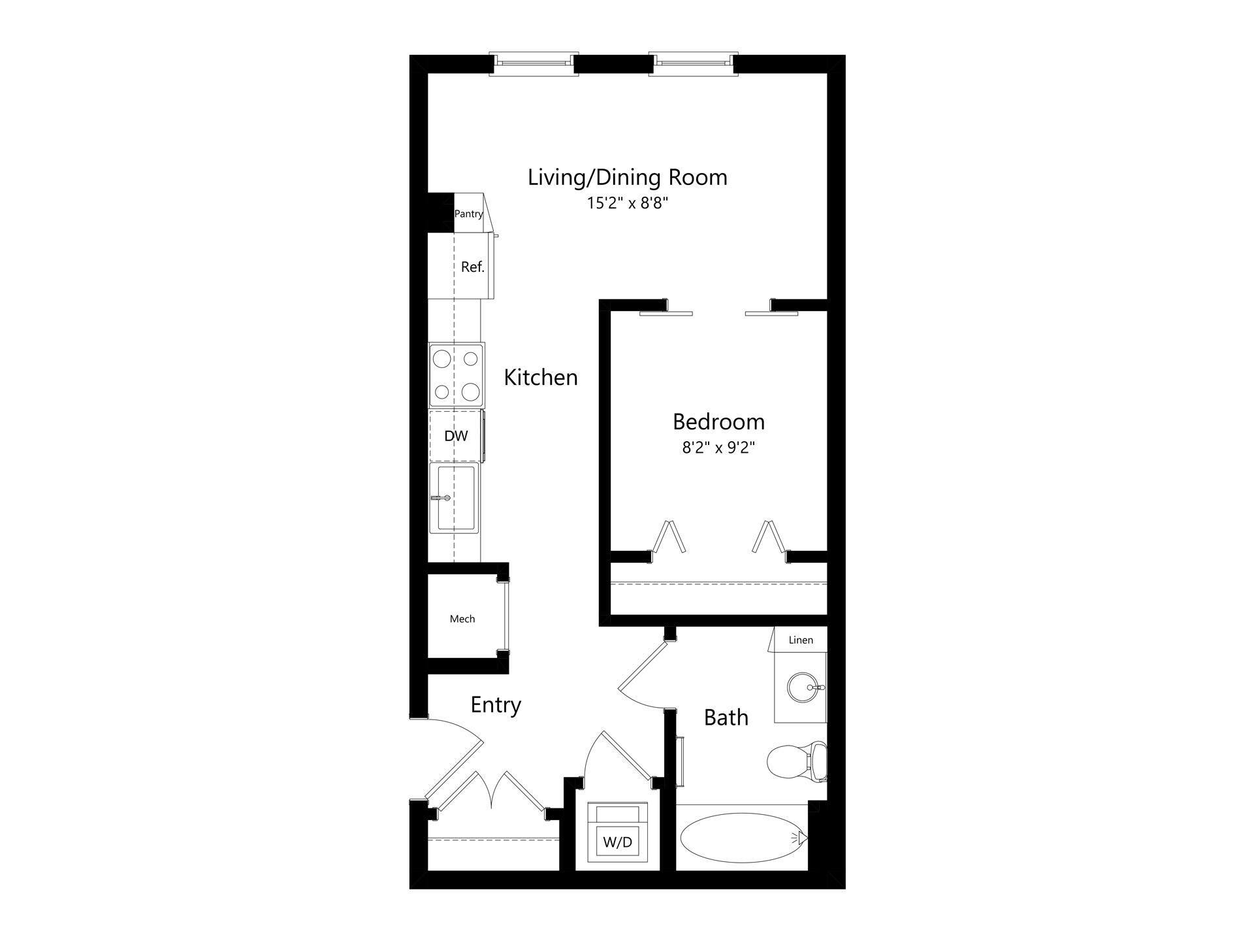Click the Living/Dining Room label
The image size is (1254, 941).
(x=627, y=177)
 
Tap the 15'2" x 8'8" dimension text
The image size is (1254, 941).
(x=627, y=203)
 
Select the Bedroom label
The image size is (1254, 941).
(x=718, y=421)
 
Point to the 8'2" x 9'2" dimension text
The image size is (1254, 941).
(x=718, y=448)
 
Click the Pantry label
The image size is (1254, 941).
(x=468, y=214)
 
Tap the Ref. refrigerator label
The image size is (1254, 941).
(x=472, y=267)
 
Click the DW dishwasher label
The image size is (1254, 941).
(x=456, y=436)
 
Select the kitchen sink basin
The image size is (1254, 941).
(x=456, y=498)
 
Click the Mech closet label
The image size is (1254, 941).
(x=462, y=619)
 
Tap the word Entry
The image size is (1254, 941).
(x=496, y=705)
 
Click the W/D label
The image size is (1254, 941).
(x=617, y=842)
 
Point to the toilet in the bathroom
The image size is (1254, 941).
(x=794, y=761)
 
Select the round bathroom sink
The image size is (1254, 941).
(x=801, y=687)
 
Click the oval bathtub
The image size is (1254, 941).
(x=740, y=838)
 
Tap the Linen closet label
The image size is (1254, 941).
(x=800, y=640)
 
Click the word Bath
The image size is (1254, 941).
(x=726, y=718)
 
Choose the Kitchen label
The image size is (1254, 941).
(x=540, y=378)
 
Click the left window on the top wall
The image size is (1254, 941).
(x=534, y=63)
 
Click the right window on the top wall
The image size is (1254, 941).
(x=693, y=63)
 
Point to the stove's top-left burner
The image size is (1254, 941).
(x=442, y=359)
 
